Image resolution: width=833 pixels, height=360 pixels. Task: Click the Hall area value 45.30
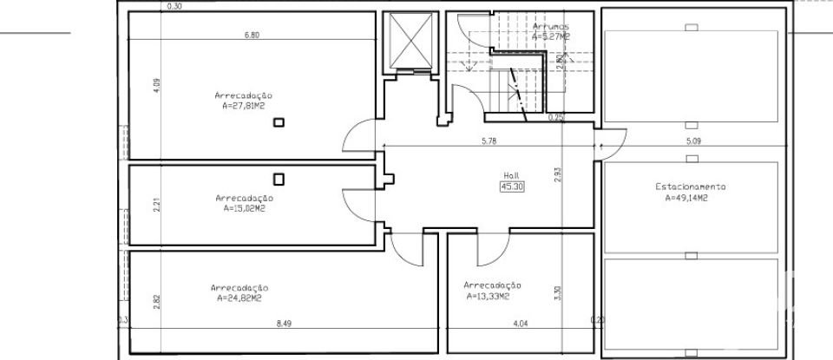pyautogui.click(x=511, y=185)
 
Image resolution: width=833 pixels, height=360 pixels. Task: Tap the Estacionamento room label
pyautogui.click(x=691, y=187)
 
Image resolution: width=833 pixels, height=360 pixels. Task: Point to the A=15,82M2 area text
pyautogui.click(x=244, y=208)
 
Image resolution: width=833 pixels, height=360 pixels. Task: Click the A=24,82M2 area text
pyautogui.click(x=239, y=298)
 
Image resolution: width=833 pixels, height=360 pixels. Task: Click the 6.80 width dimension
pyautogui.click(x=253, y=36)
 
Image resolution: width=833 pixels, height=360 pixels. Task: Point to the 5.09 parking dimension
pyautogui.click(x=693, y=140)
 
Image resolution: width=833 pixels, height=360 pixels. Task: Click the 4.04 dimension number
pyautogui.click(x=521, y=324)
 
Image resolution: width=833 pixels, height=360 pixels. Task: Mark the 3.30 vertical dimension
pyautogui.click(x=558, y=293)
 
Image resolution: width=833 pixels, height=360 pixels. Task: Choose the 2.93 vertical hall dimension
pyautogui.click(x=558, y=174)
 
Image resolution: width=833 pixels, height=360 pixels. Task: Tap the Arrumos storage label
pyautogui.click(x=551, y=27)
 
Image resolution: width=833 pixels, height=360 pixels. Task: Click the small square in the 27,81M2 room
pyautogui.click(x=279, y=123)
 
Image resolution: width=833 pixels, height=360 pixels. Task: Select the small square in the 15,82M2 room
pyautogui.click(x=279, y=180)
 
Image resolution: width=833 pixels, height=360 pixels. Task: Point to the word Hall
pyautogui.click(x=510, y=174)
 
